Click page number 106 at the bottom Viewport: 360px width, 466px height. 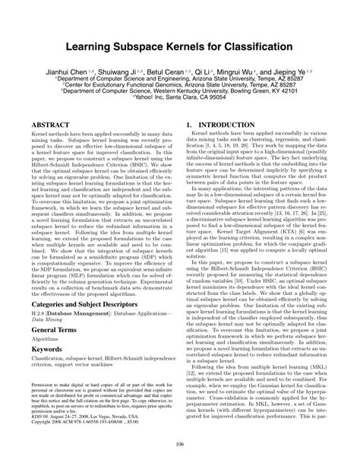pos(179,444)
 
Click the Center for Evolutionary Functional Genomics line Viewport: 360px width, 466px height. pos(180,84)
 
